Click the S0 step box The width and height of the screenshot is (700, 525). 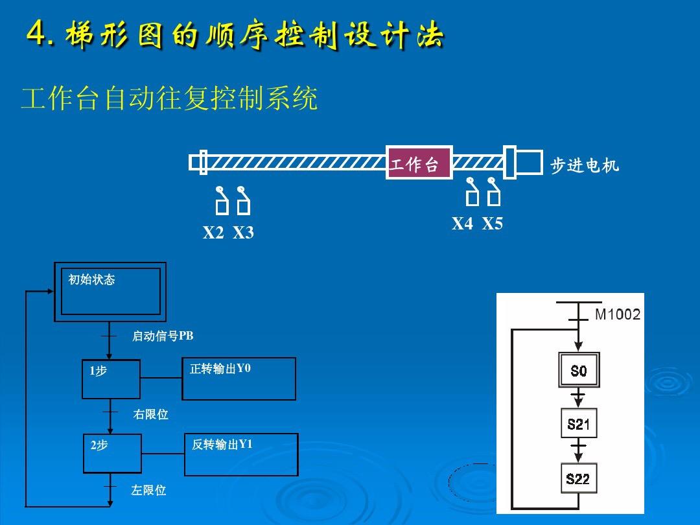click(x=579, y=370)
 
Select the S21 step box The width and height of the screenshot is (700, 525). click(x=579, y=424)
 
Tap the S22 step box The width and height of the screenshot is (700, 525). click(x=578, y=479)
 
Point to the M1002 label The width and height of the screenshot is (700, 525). click(x=617, y=315)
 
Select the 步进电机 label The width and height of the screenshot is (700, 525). click(x=584, y=166)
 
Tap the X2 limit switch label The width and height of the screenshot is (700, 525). click(x=213, y=233)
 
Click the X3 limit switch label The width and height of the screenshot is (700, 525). click(x=243, y=233)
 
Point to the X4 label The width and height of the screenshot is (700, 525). click(x=462, y=224)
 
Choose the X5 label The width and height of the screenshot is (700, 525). click(x=492, y=224)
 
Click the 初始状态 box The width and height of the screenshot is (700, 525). click(x=110, y=292)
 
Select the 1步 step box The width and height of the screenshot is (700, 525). click(x=111, y=379)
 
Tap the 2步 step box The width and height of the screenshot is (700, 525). click(x=112, y=454)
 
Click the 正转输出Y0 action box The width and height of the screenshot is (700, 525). click(x=239, y=379)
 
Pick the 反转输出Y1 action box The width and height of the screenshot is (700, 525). click(x=241, y=454)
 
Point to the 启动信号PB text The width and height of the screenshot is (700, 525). click(x=163, y=336)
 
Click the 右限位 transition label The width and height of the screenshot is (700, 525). click(x=150, y=414)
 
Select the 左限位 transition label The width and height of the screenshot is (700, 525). click(x=148, y=491)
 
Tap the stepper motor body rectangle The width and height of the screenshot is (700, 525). click(x=530, y=162)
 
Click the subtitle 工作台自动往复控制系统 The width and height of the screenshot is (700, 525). click(x=169, y=100)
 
